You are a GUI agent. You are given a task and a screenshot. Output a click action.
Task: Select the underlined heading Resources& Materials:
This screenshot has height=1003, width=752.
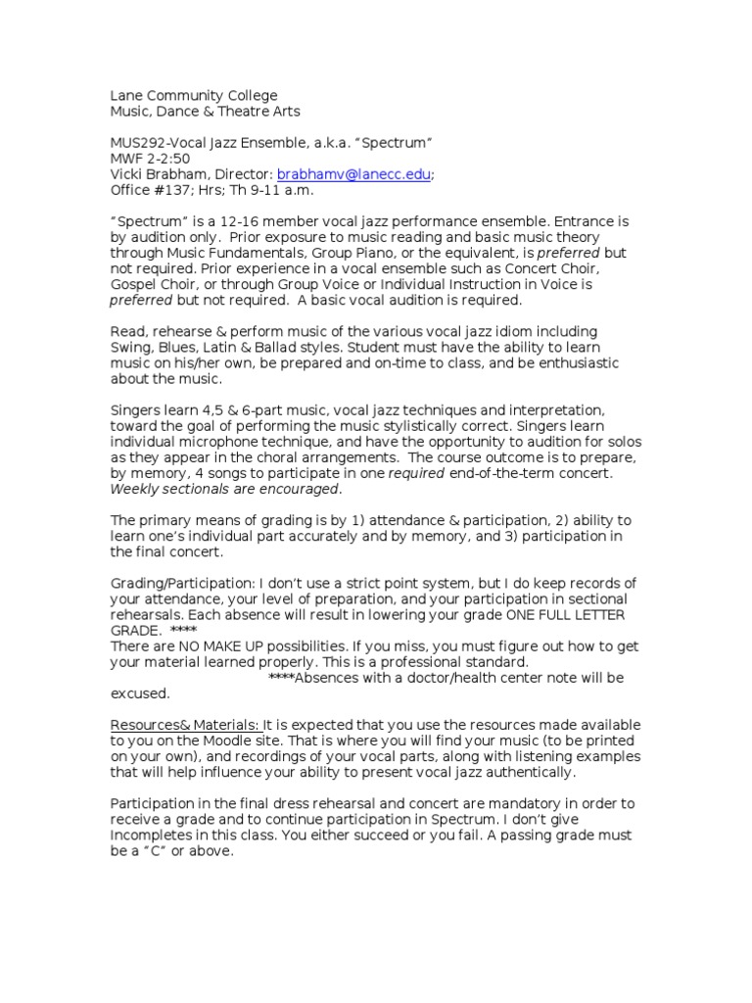(x=185, y=725)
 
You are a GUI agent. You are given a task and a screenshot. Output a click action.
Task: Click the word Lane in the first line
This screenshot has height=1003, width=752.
(x=125, y=95)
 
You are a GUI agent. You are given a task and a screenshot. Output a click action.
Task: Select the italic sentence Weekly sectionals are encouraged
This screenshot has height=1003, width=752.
(x=225, y=489)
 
